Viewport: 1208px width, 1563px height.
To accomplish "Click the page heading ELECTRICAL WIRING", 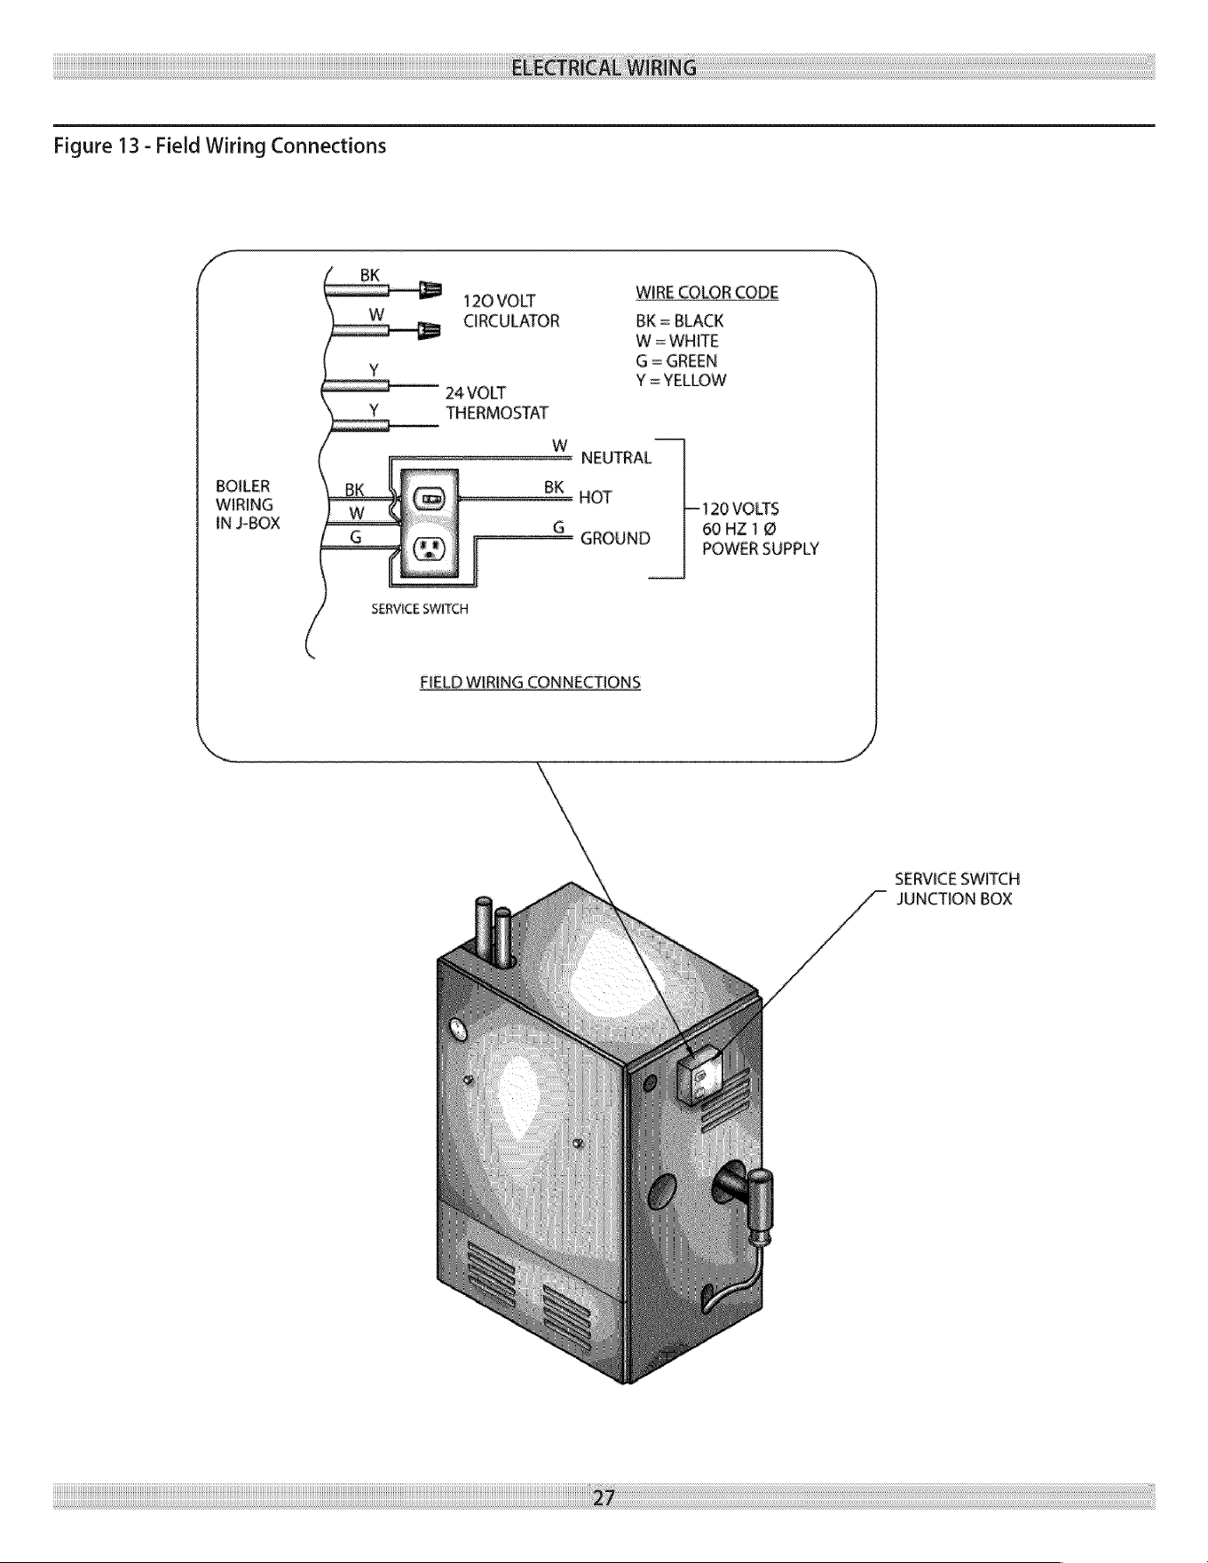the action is (x=604, y=67).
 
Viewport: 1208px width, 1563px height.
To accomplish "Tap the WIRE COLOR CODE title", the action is (x=707, y=293).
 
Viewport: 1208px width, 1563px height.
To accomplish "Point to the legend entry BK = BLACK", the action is (x=680, y=321).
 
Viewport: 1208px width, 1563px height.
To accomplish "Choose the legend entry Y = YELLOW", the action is (x=681, y=381).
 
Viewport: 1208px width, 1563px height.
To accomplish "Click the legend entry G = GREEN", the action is (x=676, y=361).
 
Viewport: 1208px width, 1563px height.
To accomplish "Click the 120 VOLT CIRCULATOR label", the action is (x=511, y=311).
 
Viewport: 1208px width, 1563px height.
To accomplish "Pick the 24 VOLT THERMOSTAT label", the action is (x=497, y=403).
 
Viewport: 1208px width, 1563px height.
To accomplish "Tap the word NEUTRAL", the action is (x=616, y=458).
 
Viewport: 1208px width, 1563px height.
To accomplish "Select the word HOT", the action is (x=595, y=498).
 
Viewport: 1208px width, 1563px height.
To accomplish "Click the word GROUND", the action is (x=615, y=539).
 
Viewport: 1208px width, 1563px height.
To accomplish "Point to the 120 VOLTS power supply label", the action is (x=760, y=529).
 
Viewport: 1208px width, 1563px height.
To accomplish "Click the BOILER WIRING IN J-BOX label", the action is (x=248, y=504).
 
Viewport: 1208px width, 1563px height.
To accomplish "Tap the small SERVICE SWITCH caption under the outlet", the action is (x=419, y=610).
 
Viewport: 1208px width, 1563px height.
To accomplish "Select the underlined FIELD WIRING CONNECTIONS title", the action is (x=530, y=683).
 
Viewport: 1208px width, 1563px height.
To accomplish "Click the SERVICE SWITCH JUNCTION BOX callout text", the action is (x=957, y=889).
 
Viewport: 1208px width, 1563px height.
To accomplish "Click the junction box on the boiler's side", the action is (x=699, y=1072).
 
